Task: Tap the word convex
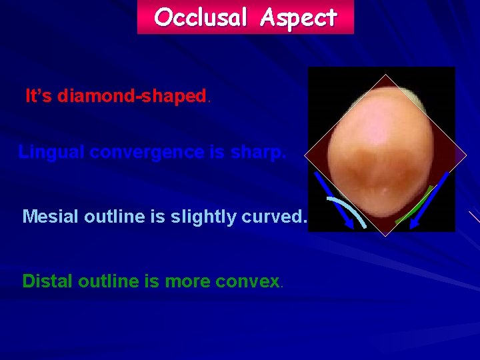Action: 247,281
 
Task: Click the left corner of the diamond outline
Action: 305,155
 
